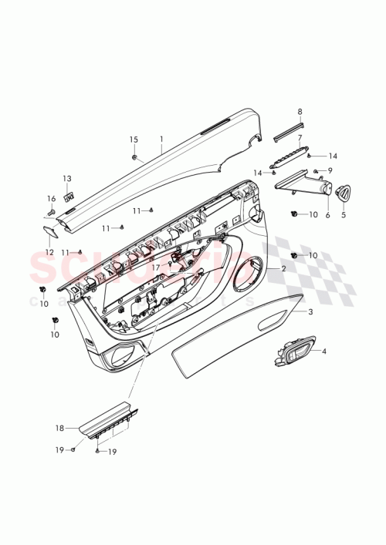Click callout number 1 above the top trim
coord(161,140)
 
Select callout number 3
coord(310,312)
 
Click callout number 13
coord(66,178)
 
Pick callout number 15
coord(134,140)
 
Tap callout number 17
coord(155,268)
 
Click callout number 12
coord(49,251)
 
